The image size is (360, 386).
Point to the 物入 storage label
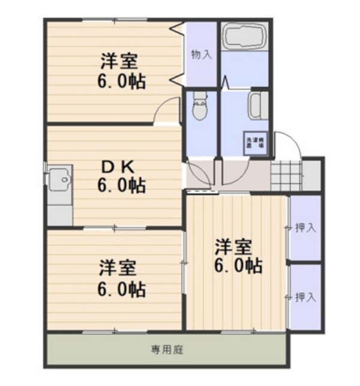(x=201, y=55)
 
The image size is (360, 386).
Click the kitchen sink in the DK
(x=59, y=179)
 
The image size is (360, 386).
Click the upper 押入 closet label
(x=305, y=228)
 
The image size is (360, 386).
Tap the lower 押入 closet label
(x=305, y=297)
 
